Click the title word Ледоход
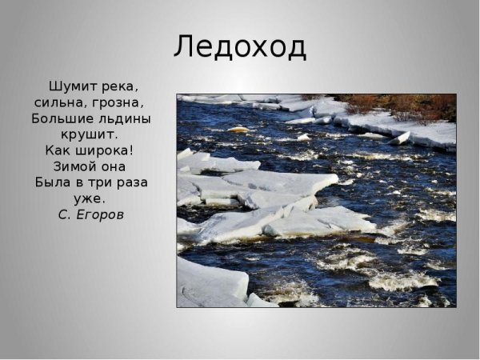[240, 46]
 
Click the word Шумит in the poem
[71, 86]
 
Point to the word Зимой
[72, 166]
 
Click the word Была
[54, 182]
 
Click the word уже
[92, 198]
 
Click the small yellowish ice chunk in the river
[238, 129]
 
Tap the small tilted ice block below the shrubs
[399, 138]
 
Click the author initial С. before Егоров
[63, 214]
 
